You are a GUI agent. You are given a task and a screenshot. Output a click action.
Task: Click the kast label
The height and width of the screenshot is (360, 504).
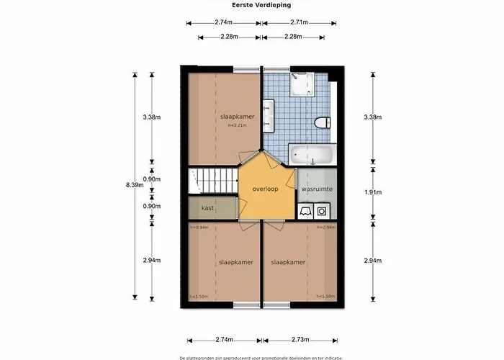[207, 208]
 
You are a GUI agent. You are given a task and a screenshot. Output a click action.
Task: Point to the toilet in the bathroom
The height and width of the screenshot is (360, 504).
[323, 122]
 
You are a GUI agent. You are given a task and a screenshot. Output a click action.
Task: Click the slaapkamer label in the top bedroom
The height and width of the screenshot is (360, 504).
[238, 116]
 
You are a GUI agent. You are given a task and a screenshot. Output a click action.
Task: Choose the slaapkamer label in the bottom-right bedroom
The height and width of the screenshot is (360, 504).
[289, 263]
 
